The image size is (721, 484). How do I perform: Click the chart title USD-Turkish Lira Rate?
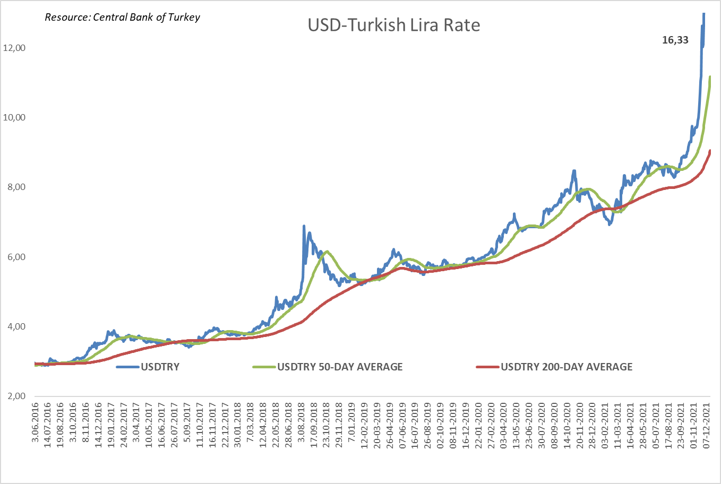click(393, 25)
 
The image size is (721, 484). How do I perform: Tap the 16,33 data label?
click(675, 40)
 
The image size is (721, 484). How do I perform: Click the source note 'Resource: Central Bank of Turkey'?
click(122, 17)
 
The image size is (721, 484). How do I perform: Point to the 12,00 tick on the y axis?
click(14, 48)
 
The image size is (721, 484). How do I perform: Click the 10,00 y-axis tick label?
click(14, 117)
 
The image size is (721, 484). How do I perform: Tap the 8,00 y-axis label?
click(16, 187)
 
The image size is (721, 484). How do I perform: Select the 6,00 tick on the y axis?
click(16, 257)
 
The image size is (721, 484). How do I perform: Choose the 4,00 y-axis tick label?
click(16, 326)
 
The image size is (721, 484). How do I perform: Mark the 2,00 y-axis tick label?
click(16, 396)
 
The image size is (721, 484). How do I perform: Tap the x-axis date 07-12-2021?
click(707, 425)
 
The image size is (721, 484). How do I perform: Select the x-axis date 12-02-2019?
click(364, 425)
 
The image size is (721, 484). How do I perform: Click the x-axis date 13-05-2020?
click(517, 425)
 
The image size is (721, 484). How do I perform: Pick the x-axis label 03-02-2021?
click(605, 425)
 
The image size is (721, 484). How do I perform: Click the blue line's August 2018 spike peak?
click(304, 226)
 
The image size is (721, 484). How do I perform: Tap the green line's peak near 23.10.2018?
click(327, 252)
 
